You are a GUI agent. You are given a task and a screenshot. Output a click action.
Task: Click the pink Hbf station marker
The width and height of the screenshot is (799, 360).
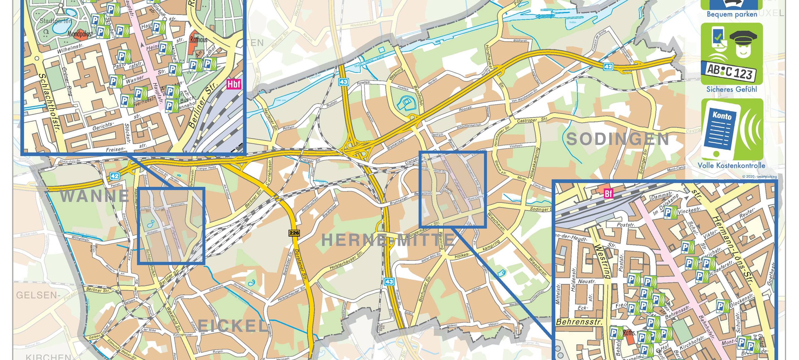tap(234, 84)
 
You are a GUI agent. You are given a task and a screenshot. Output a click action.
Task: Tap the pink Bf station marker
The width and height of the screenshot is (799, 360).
tap(608, 194)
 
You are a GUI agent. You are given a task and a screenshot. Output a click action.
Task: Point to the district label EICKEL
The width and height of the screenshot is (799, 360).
tap(232, 326)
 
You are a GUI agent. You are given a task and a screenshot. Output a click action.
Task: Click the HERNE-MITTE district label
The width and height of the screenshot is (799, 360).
tap(388, 240)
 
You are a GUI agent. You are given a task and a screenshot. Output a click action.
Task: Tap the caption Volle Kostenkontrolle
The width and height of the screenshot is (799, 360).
tap(731, 165)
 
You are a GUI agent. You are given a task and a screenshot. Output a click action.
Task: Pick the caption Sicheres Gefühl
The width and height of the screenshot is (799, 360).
tap(731, 89)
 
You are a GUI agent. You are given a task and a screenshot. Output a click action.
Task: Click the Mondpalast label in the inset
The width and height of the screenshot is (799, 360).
tap(80, 34)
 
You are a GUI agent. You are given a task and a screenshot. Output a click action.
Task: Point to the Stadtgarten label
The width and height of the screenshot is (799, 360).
tap(56, 21)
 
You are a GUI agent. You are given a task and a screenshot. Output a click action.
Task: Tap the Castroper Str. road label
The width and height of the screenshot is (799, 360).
tap(532, 120)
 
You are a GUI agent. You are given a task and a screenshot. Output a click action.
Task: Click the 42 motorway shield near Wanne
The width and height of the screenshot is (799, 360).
tap(114, 176)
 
